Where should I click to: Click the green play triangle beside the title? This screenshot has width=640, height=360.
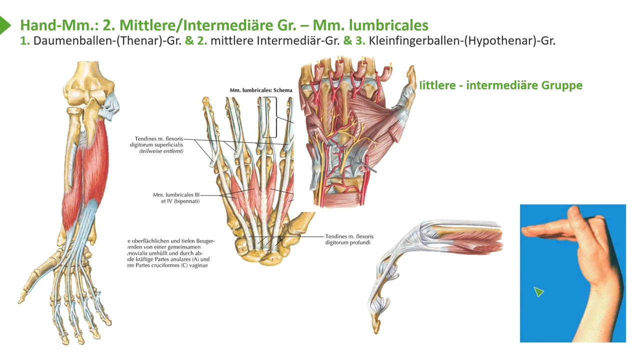4,24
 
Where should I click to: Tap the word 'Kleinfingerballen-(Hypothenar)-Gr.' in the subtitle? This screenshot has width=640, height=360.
462,41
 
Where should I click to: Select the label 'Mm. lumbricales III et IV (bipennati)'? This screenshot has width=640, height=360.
176,197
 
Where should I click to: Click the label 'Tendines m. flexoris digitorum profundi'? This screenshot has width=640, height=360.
349,239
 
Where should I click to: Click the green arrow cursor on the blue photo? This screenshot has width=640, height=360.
538,291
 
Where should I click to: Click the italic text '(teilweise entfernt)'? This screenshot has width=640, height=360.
161,151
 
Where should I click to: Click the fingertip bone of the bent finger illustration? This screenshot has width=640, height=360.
376,325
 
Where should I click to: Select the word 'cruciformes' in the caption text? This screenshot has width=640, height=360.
171,265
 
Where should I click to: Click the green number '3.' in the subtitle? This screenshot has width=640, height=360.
360,41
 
